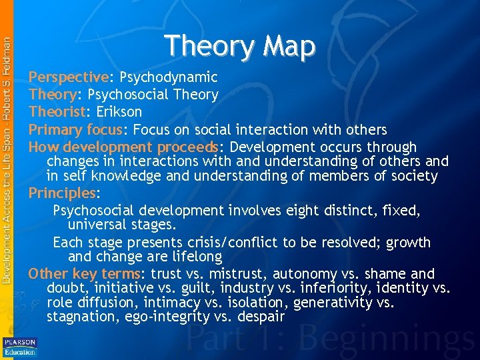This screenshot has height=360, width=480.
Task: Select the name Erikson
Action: tap(119, 112)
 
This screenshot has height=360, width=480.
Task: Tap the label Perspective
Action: tap(67, 77)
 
